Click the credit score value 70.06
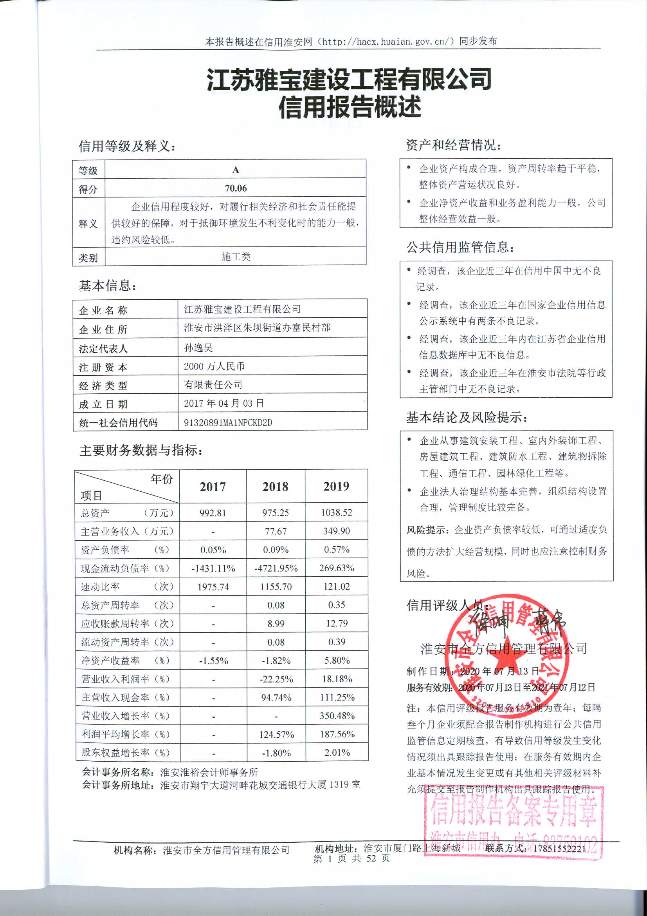click(236, 188)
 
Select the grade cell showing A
click(236, 170)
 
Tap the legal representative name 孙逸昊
click(198, 348)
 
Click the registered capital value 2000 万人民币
click(214, 366)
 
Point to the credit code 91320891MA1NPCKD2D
click(228, 422)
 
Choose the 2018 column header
click(275, 487)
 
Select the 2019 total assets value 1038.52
click(337, 513)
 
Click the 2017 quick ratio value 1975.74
click(213, 587)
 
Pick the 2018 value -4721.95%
click(276, 568)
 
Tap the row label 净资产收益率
click(110, 661)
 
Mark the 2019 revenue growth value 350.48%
click(337, 716)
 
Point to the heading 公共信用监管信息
click(460, 247)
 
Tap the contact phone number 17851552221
click(559, 849)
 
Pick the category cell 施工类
click(236, 257)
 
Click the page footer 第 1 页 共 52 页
click(351, 858)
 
